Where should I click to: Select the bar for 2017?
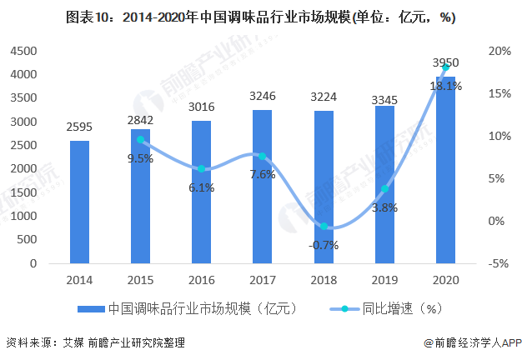(x=262, y=187)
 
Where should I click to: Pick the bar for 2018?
(x=323, y=187)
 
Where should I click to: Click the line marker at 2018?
(x=324, y=227)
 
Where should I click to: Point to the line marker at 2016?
(x=202, y=169)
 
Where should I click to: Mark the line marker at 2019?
(x=384, y=188)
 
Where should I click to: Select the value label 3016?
(x=201, y=109)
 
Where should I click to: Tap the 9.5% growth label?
(x=140, y=158)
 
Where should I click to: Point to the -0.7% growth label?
(x=324, y=244)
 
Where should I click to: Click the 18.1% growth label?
(x=445, y=86)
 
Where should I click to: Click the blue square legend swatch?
(x=92, y=308)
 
